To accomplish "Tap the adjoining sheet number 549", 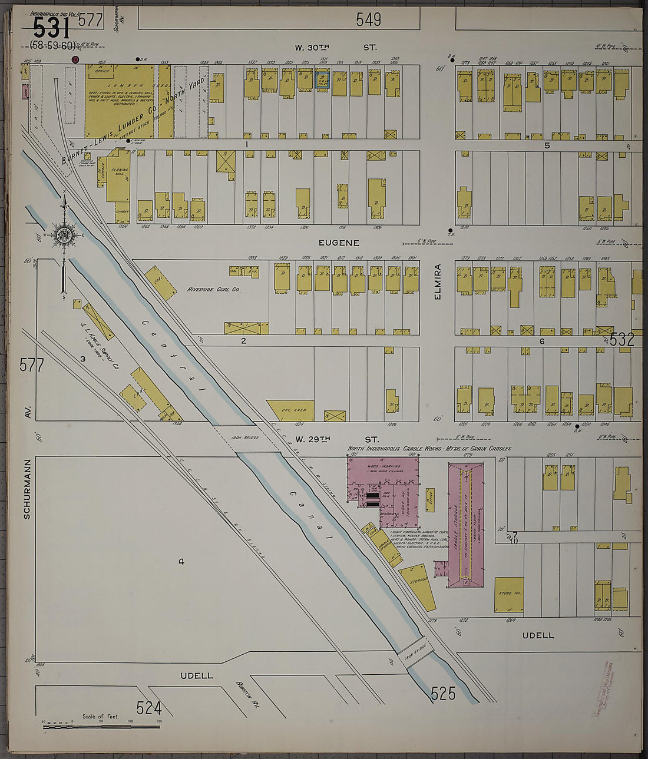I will [368, 20].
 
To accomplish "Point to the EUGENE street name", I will [339, 243].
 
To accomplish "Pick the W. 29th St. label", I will [336, 439].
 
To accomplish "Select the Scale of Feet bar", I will [101, 727].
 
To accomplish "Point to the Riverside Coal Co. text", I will [213, 290].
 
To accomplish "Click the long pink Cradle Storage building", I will [465, 524].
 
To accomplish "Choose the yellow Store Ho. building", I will [509, 594].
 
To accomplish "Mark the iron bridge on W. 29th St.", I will [245, 439].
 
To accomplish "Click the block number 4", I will [181, 562].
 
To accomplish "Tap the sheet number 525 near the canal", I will [443, 694].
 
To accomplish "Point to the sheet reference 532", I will [622, 339].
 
